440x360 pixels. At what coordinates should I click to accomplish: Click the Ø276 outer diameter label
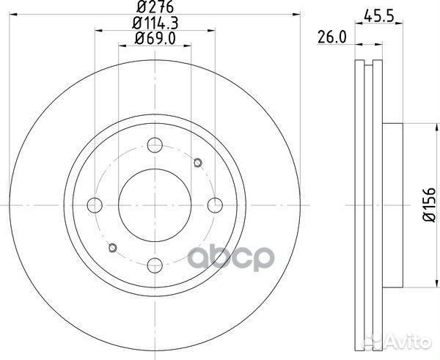tap(154, 8)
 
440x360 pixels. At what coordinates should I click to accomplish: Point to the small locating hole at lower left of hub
tap(111, 247)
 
